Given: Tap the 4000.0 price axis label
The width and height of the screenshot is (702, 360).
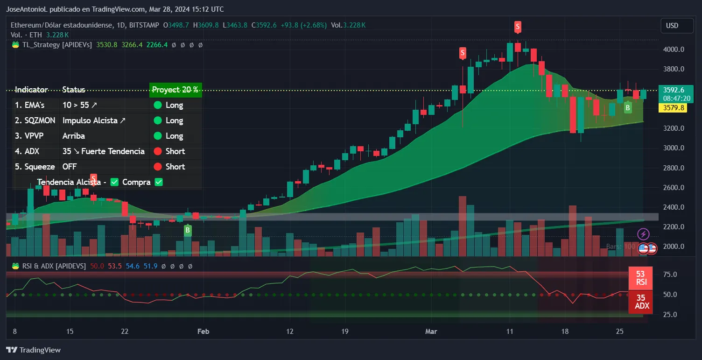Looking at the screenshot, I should [674, 49].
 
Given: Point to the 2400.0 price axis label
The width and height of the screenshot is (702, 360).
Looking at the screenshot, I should [674, 207].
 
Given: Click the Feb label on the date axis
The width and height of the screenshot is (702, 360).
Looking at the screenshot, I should [204, 332].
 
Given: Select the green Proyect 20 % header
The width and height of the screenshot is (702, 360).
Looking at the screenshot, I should [175, 90].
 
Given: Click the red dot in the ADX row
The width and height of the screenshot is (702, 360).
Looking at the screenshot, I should [157, 151].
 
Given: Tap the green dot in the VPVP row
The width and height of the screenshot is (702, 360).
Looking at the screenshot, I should [157, 136].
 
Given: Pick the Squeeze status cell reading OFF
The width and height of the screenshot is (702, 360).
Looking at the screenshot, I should [70, 167].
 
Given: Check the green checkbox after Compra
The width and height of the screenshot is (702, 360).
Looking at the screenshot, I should [159, 182].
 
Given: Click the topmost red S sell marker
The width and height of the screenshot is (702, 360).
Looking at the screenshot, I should [518, 27].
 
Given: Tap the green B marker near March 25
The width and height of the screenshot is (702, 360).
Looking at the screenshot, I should [628, 108].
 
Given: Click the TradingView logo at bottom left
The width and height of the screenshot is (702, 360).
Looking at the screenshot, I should [33, 350].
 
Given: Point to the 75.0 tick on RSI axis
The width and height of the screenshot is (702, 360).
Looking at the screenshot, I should [670, 275].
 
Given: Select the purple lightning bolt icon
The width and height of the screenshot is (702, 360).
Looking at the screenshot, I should [643, 234].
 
